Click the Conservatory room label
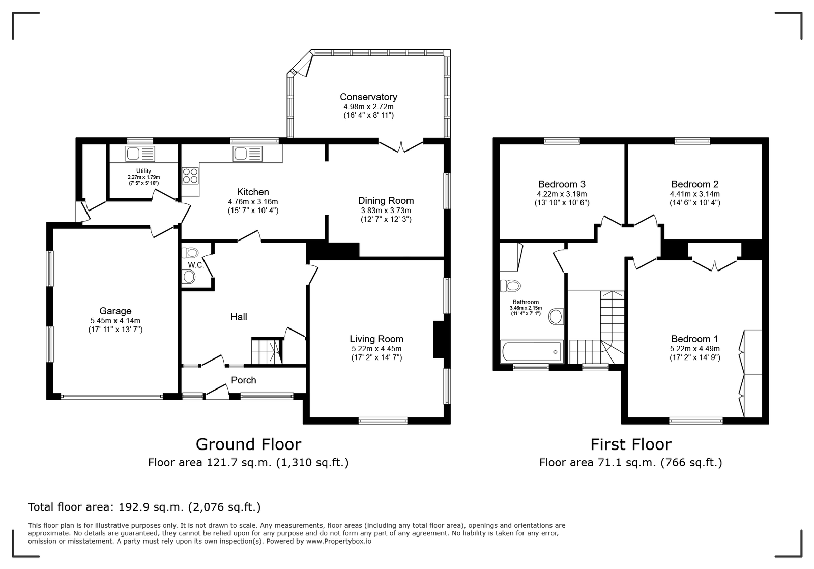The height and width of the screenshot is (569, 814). click(x=368, y=97)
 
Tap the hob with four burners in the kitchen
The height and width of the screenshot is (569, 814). click(x=190, y=175)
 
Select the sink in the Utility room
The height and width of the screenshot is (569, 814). click(x=140, y=154)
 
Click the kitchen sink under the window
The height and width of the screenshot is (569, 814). click(x=248, y=154)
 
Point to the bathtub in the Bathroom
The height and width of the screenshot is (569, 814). click(x=532, y=351)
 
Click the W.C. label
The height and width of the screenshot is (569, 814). click(x=196, y=265)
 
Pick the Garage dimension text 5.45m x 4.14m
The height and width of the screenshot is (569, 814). click(x=115, y=321)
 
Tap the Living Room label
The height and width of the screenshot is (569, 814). click(x=376, y=339)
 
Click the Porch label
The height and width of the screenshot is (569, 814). click(x=244, y=380)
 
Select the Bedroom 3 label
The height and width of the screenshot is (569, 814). click(x=562, y=184)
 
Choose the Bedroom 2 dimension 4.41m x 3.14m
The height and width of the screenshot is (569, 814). click(x=695, y=194)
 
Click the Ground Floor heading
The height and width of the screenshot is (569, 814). click(x=249, y=444)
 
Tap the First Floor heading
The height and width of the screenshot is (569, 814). click(x=631, y=444)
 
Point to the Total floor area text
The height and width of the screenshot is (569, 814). click(x=144, y=507)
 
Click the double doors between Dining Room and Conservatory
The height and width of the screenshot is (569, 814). click(x=401, y=146)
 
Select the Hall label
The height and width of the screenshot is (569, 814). click(x=239, y=317)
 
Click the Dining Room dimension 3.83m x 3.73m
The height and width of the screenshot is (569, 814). click(x=386, y=211)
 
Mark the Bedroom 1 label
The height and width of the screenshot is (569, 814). click(x=695, y=339)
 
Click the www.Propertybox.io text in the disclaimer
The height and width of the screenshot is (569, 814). click(x=339, y=541)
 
